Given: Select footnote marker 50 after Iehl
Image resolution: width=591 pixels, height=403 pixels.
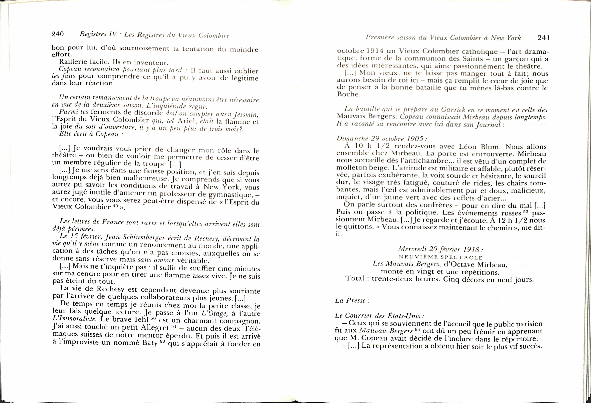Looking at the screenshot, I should point(153,318).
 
